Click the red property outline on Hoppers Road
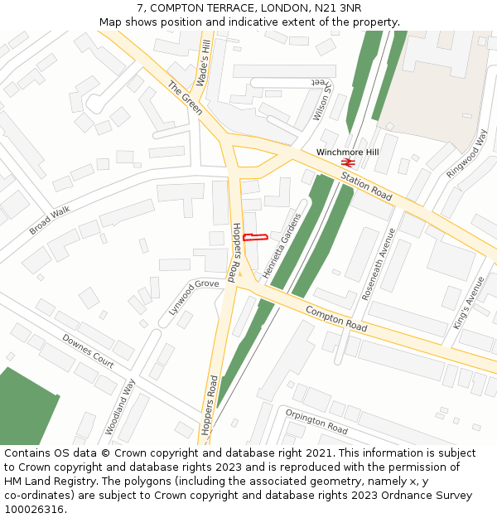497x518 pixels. [255, 238]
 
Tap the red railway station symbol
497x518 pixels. [348, 162]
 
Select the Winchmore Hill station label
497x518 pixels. [347, 152]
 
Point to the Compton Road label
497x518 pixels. [335, 319]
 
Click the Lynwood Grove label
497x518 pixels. [194, 296]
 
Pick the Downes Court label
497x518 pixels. [88, 351]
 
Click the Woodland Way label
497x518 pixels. [120, 406]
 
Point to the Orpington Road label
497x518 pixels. [316, 422]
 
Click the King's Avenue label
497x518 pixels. [468, 303]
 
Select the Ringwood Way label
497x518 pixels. [467, 153]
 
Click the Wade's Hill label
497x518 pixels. [205, 63]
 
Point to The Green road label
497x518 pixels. [185, 98]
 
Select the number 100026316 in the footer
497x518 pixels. [33, 509]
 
